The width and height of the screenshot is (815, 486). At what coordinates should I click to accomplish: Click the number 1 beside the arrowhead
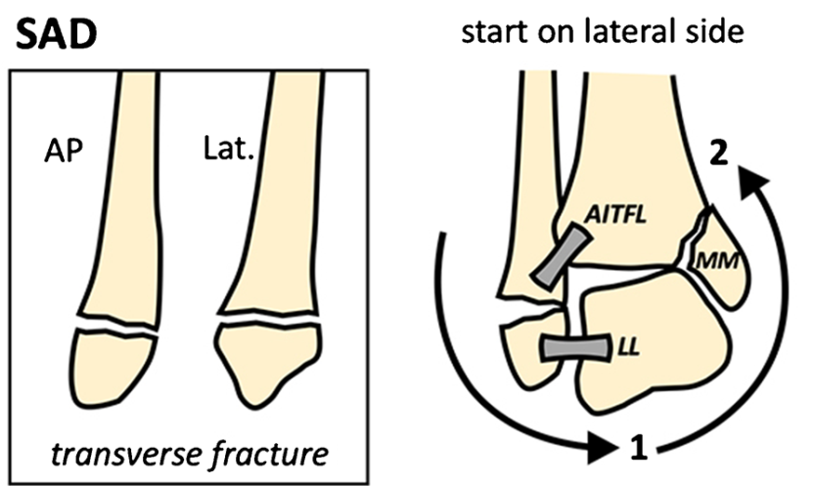pyautogui.click(x=638, y=450)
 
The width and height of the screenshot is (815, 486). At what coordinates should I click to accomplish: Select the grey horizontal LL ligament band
pyautogui.click(x=572, y=347)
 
